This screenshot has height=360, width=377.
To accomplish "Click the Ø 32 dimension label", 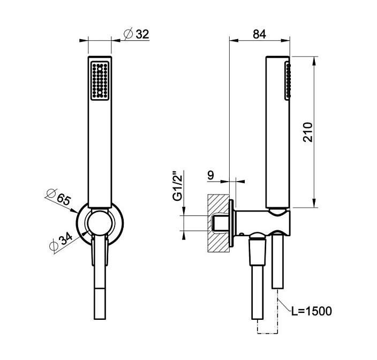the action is coord(137,34).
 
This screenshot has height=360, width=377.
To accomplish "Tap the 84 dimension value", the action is coord(259,34).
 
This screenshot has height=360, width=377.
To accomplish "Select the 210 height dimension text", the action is coord(308,132).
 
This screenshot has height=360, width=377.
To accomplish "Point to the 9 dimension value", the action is coord(210,175).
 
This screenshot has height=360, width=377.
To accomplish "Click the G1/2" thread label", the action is coord(178,186).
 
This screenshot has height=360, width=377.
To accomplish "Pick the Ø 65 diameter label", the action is coord(59,197).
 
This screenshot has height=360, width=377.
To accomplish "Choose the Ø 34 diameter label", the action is coord(61,243).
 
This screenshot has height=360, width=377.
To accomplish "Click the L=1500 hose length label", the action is coord(312,311).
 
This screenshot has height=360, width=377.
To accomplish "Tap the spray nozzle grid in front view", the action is coord(100,80).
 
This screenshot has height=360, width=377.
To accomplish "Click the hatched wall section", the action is coord(218,223).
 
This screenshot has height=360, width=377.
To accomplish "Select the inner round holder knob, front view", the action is coord(100,222).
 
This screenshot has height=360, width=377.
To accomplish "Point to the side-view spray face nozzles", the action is coord(288,80).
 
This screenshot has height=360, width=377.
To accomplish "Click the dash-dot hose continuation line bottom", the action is coord(268,333).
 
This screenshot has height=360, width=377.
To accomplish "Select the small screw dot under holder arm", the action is coord(242,234).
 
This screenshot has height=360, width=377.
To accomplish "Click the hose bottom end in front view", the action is coord(100,319).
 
